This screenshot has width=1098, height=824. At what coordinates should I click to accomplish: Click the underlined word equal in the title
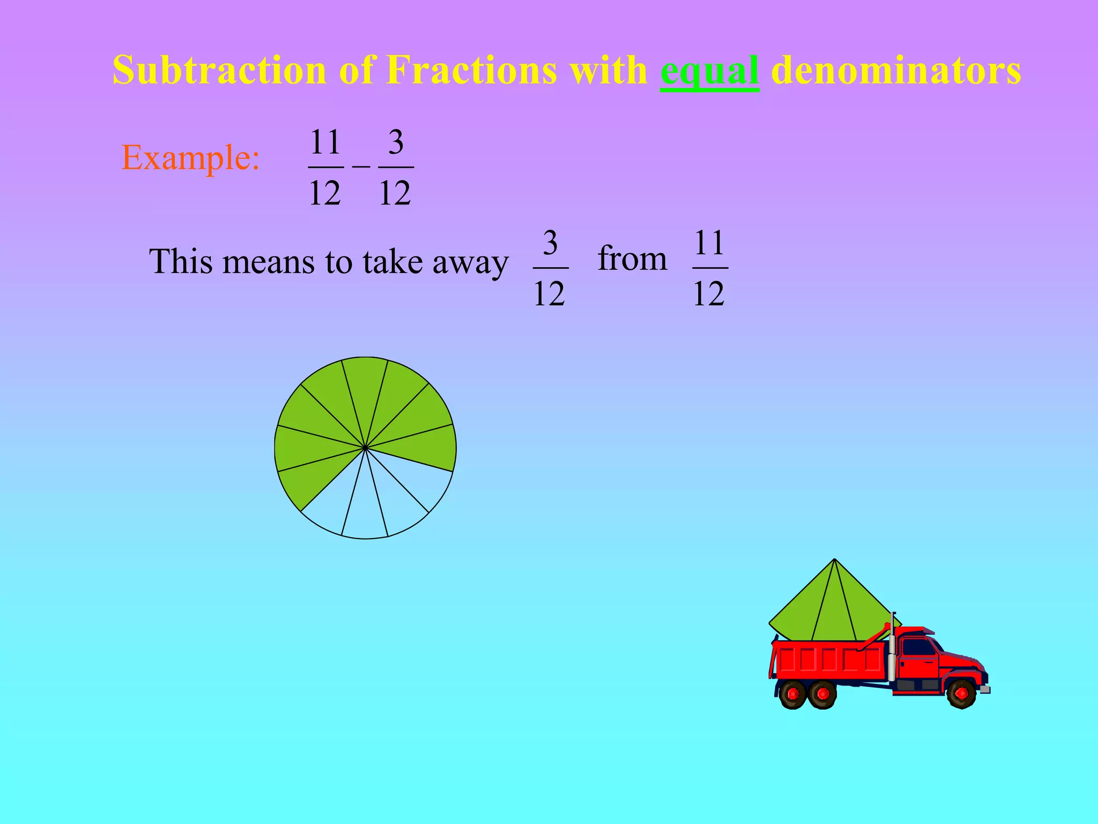pyautogui.click(x=709, y=71)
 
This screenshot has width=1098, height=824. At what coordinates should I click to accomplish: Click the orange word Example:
pyautogui.click(x=191, y=158)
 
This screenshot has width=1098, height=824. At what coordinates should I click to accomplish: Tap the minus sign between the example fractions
pyautogui.click(x=361, y=167)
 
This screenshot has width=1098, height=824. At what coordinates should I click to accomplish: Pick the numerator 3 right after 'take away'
pyautogui.click(x=550, y=243)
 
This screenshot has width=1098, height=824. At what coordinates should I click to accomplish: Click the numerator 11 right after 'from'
pyautogui.click(x=710, y=243)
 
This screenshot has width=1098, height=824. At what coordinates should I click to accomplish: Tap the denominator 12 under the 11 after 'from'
pyautogui.click(x=709, y=293)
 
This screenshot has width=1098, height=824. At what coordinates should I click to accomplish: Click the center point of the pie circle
pyautogui.click(x=365, y=447)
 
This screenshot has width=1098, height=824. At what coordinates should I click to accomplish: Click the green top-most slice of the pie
pyautogui.click(x=365, y=386)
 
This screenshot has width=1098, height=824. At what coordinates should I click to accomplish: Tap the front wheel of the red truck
pyautogui.click(x=961, y=694)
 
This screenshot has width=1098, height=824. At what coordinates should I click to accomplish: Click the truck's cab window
pyautogui.click(x=918, y=648)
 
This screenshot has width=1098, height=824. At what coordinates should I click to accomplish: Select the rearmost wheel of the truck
pyautogui.click(x=792, y=694)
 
